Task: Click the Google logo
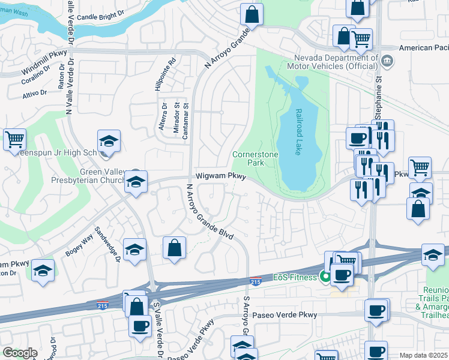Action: click(x=20, y=353)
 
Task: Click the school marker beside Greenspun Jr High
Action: click(x=109, y=141)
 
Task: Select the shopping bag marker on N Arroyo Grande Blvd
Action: click(x=174, y=248)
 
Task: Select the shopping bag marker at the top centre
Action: click(x=252, y=14)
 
